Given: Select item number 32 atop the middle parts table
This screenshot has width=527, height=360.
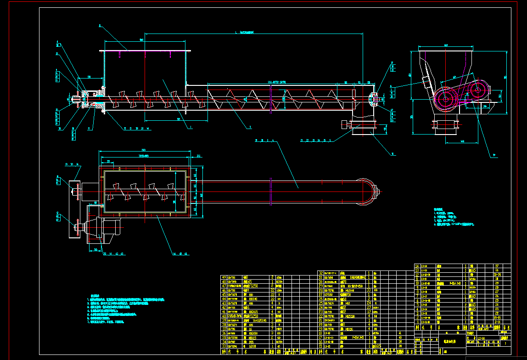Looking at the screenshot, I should [x=320, y=273].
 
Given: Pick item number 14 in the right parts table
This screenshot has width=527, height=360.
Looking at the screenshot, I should [x=417, y=266].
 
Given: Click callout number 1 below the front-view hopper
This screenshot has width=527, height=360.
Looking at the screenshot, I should [x=190, y=129].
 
